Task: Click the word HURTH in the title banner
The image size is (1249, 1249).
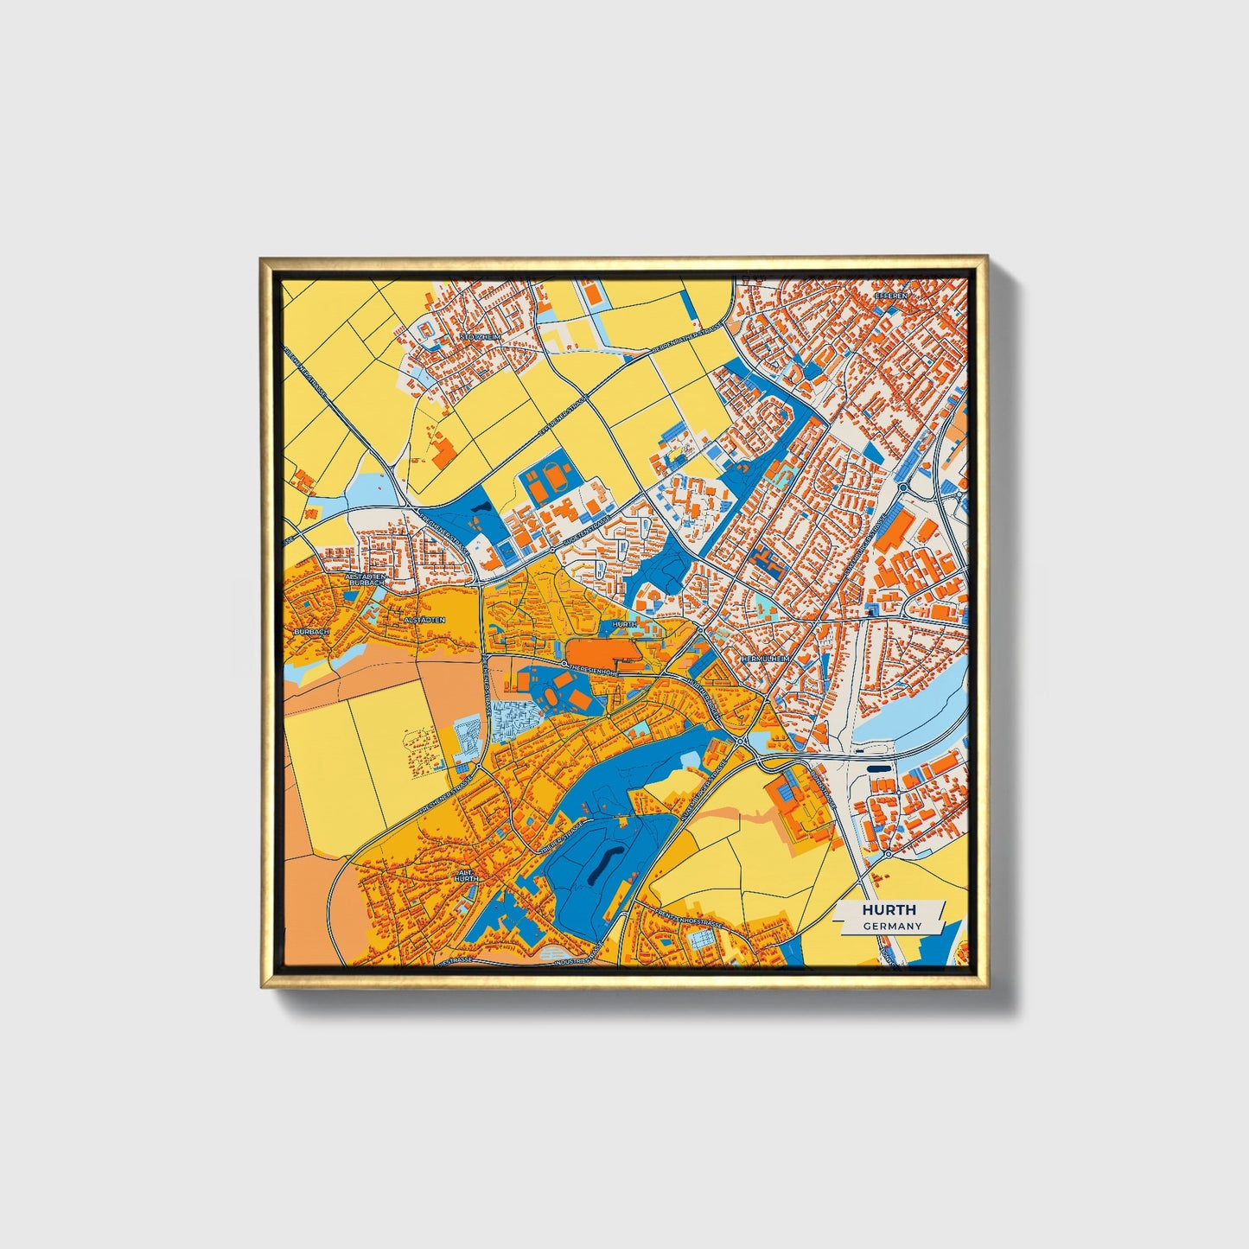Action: point(889,910)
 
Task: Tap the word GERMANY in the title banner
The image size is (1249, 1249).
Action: point(892,926)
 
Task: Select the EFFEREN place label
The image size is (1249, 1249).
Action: point(893,296)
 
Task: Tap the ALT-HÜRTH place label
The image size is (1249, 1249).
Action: point(466,876)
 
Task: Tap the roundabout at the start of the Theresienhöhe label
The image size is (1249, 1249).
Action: point(564,664)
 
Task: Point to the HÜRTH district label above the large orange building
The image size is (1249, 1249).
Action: point(623,623)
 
